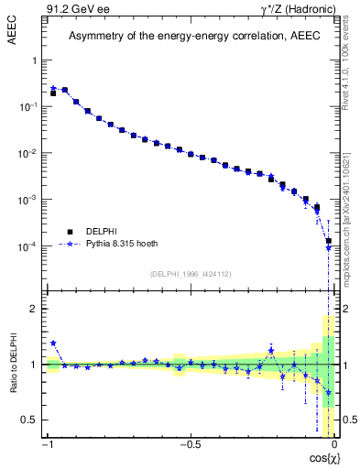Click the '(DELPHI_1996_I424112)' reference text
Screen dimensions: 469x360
pos(191,274)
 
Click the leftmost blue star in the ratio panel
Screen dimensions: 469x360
pos(53,344)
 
